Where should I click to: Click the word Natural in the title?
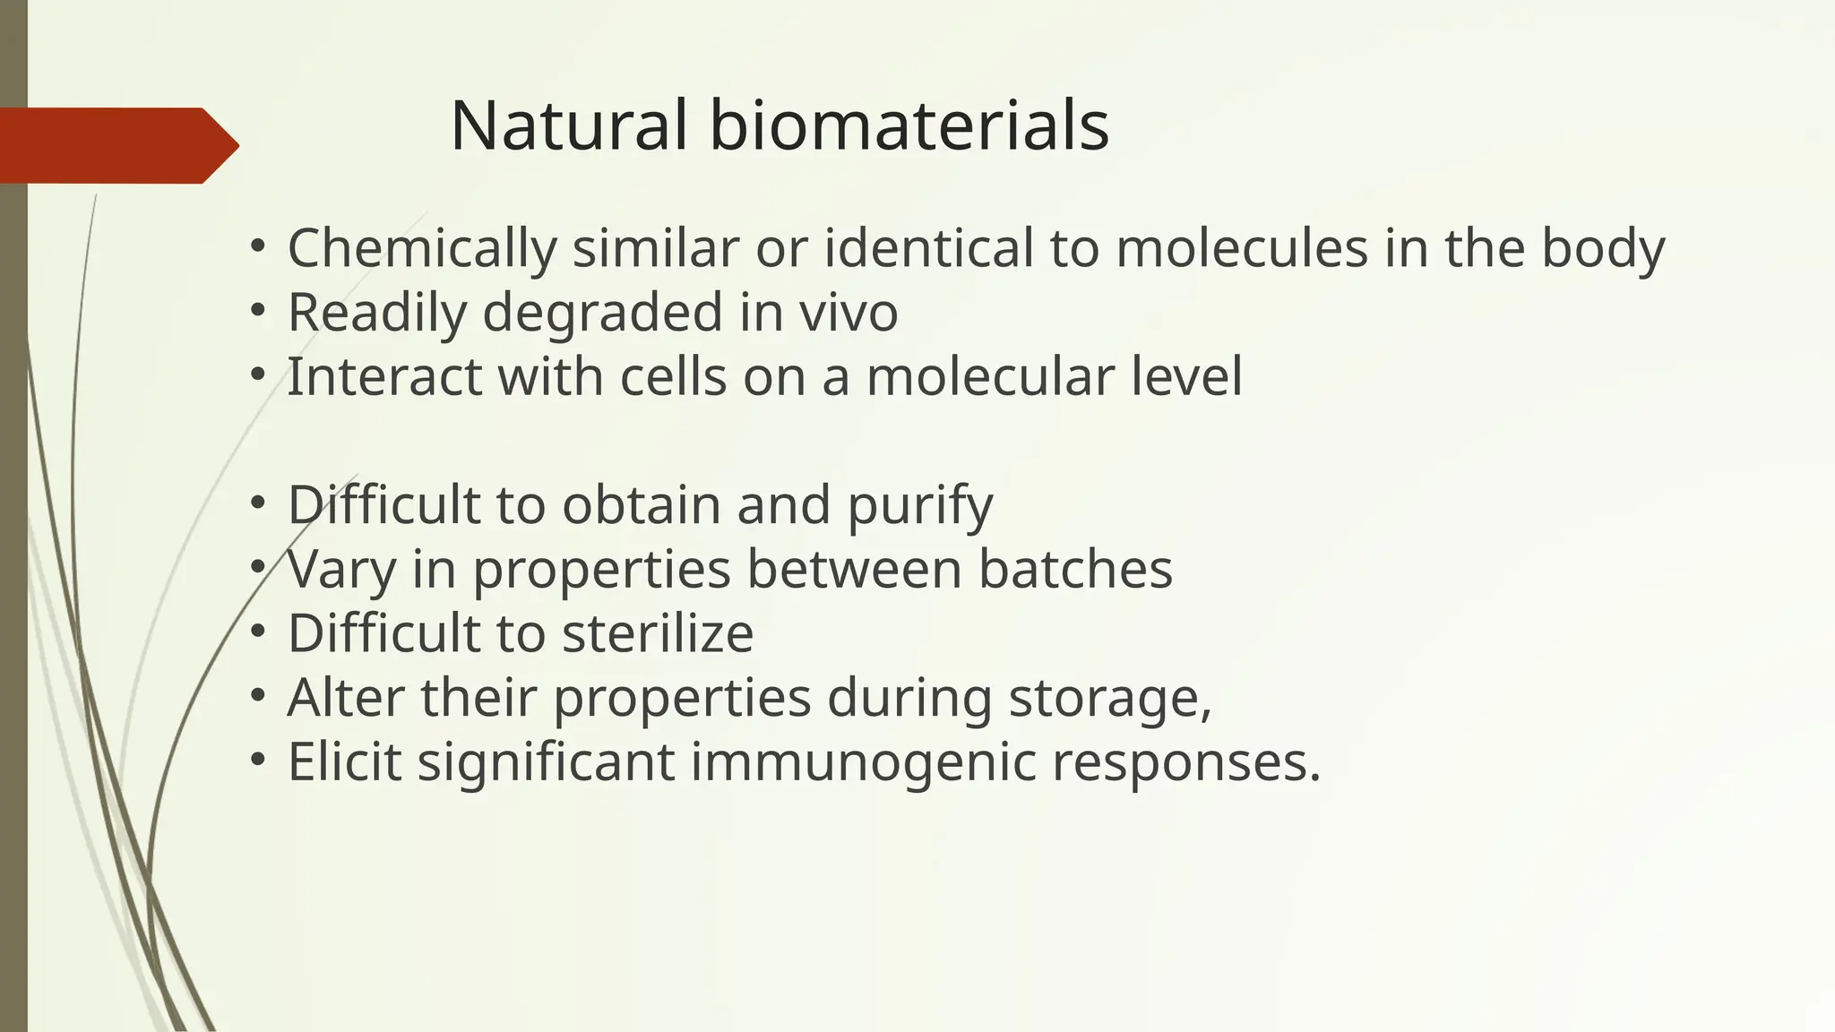(x=569, y=125)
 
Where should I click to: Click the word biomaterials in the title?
(x=909, y=125)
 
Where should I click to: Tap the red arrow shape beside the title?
(x=116, y=145)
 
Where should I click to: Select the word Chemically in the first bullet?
(x=422, y=248)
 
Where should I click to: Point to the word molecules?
(x=1242, y=248)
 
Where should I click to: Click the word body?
(x=1603, y=248)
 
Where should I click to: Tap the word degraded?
(x=603, y=313)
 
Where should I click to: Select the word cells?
(x=673, y=376)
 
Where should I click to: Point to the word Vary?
(x=341, y=569)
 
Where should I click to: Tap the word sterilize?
(x=658, y=633)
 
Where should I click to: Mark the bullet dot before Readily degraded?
(x=258, y=310)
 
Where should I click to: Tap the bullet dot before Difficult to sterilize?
(x=258, y=631)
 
